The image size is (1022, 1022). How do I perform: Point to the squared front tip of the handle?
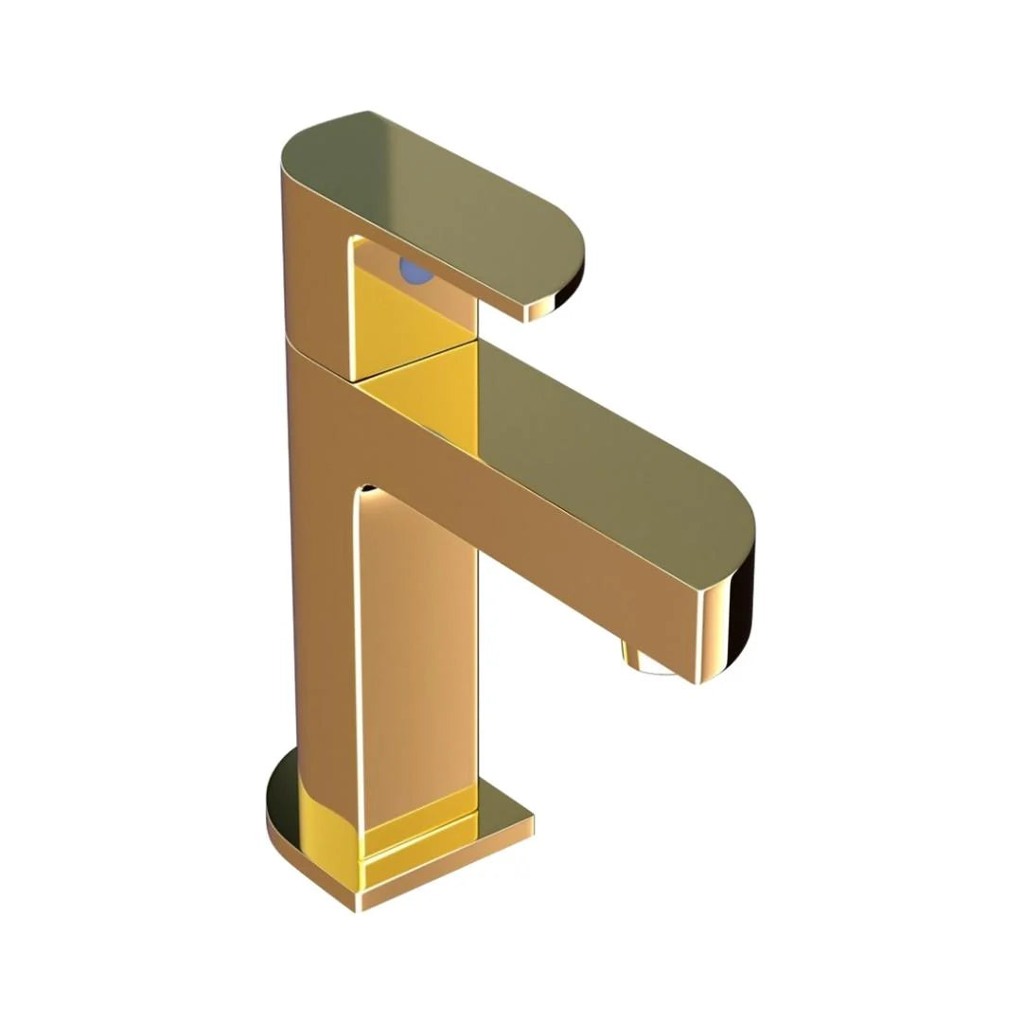(540, 308)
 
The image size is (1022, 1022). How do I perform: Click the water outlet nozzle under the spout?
(647, 660)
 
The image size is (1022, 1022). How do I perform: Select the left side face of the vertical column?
(326, 615)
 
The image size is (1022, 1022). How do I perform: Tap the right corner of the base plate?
(530, 819)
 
